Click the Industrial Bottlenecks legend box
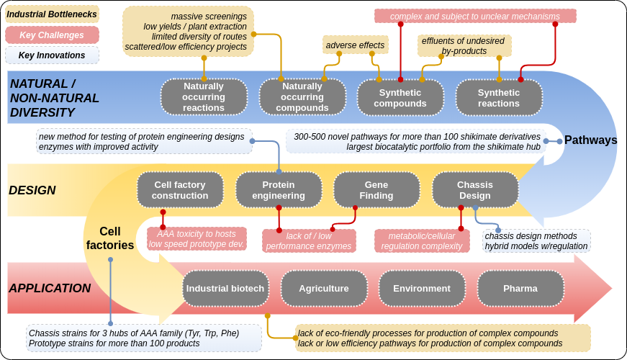click(x=52, y=14)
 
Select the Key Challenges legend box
click(x=52, y=35)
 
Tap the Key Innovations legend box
click(x=52, y=55)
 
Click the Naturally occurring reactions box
click(x=204, y=97)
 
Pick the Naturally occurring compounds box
click(x=302, y=97)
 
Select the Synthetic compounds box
click(x=400, y=97)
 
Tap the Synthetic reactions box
click(x=499, y=97)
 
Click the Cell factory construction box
click(x=180, y=189)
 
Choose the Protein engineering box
click(x=279, y=189)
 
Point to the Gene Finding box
click(x=376, y=189)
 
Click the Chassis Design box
click(x=475, y=189)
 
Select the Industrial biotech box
click(x=225, y=288)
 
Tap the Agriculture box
click(x=324, y=288)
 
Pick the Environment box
click(x=422, y=288)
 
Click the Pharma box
click(x=520, y=288)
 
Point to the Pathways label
click(x=590, y=140)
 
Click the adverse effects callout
click(x=355, y=45)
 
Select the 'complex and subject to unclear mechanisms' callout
click(x=475, y=16)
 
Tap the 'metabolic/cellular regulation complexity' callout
click(x=422, y=240)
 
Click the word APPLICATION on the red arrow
click(x=50, y=288)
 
